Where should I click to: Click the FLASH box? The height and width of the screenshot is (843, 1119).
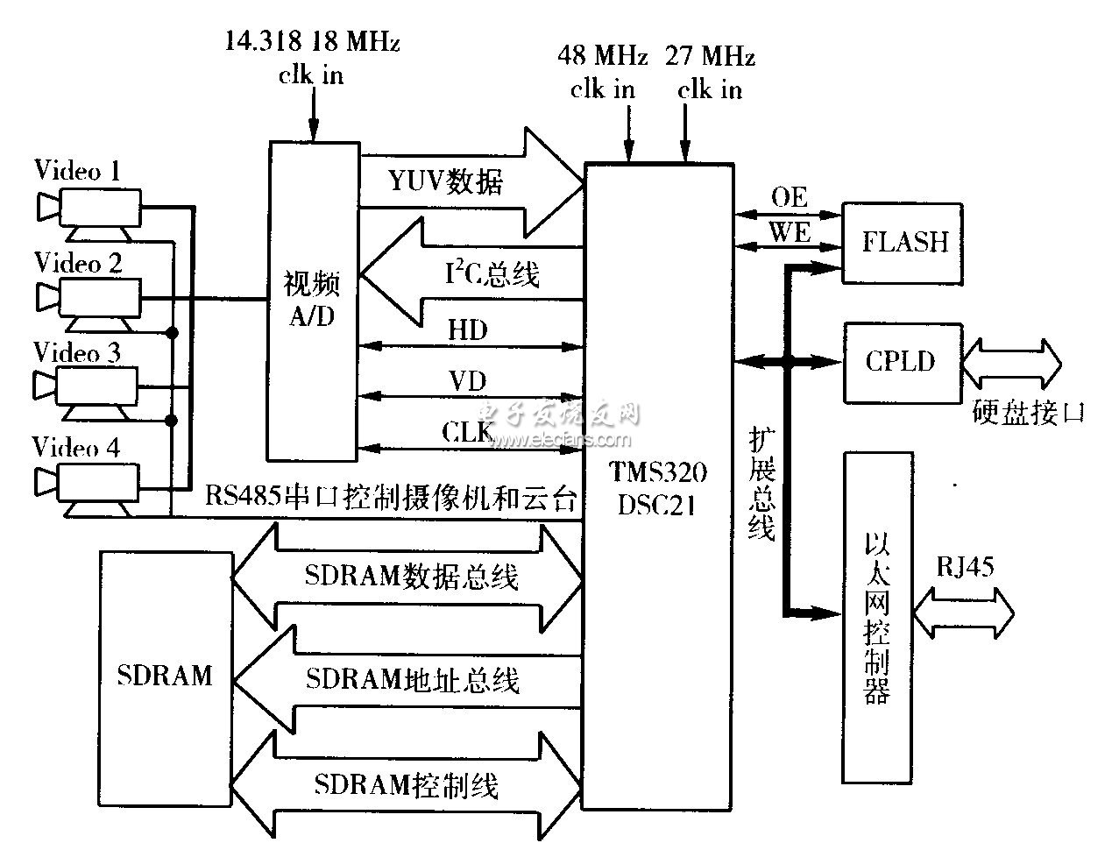902,243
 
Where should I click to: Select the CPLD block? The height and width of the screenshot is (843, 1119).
903,363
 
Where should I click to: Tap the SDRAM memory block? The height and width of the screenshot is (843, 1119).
165,679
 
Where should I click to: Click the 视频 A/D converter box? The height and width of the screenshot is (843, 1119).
313,301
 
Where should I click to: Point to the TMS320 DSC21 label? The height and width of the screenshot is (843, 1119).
657,488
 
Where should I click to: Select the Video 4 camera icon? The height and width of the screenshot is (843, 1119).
87,489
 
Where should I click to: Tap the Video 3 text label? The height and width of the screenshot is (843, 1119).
77,352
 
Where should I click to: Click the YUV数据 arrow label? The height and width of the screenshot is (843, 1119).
445,181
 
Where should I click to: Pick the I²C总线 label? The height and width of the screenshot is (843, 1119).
492,273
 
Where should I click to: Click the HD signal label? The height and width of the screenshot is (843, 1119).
467,329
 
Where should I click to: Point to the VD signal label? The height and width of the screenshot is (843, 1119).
467,380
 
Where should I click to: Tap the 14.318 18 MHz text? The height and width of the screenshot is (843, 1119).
312,41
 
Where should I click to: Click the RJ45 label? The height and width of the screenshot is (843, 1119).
965,566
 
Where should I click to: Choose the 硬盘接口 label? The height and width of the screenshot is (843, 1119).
1028,413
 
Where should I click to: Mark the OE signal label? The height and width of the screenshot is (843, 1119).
790,197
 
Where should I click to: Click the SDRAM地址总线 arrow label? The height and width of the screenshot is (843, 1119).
412,680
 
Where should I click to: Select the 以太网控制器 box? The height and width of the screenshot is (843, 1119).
877,617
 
